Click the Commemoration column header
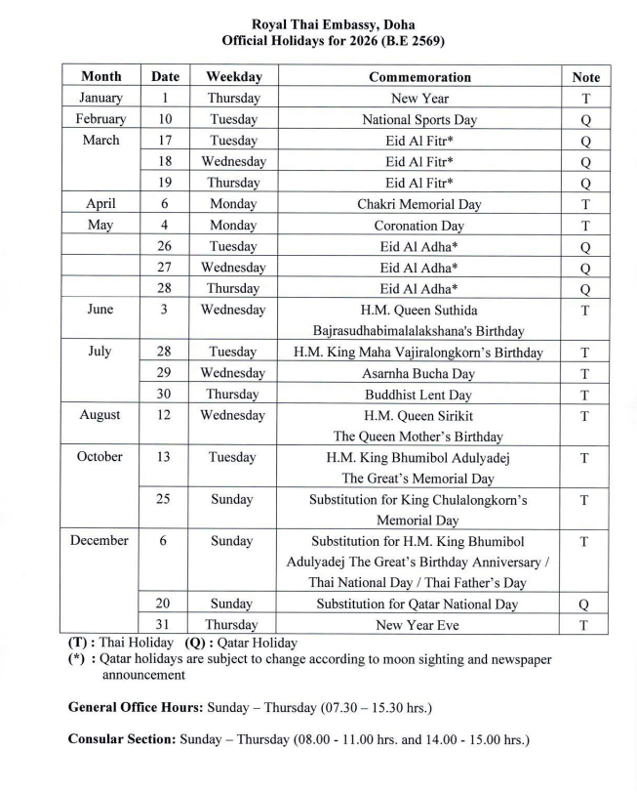pos(419,76)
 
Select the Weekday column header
pos(233,76)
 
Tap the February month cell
pos(101,119)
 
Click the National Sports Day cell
pos(419,119)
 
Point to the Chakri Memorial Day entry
pos(419,204)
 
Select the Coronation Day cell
pos(419,225)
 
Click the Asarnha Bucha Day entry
pos(419,373)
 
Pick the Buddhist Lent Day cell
pos(419,395)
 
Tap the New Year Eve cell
pos(419,624)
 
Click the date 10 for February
pos(164,119)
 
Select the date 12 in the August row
pos(164,415)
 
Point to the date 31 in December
pos(164,624)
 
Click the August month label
pos(101,415)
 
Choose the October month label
pos(101,457)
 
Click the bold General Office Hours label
pos(136,705)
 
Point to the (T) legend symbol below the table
pos(79,644)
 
